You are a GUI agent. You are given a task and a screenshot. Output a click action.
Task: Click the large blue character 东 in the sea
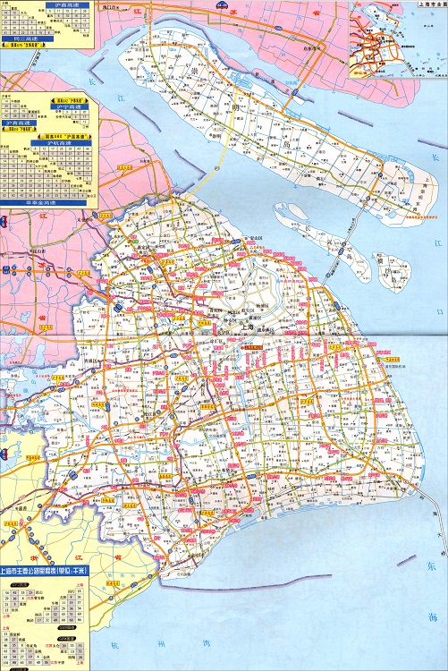click(x=431, y=566)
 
